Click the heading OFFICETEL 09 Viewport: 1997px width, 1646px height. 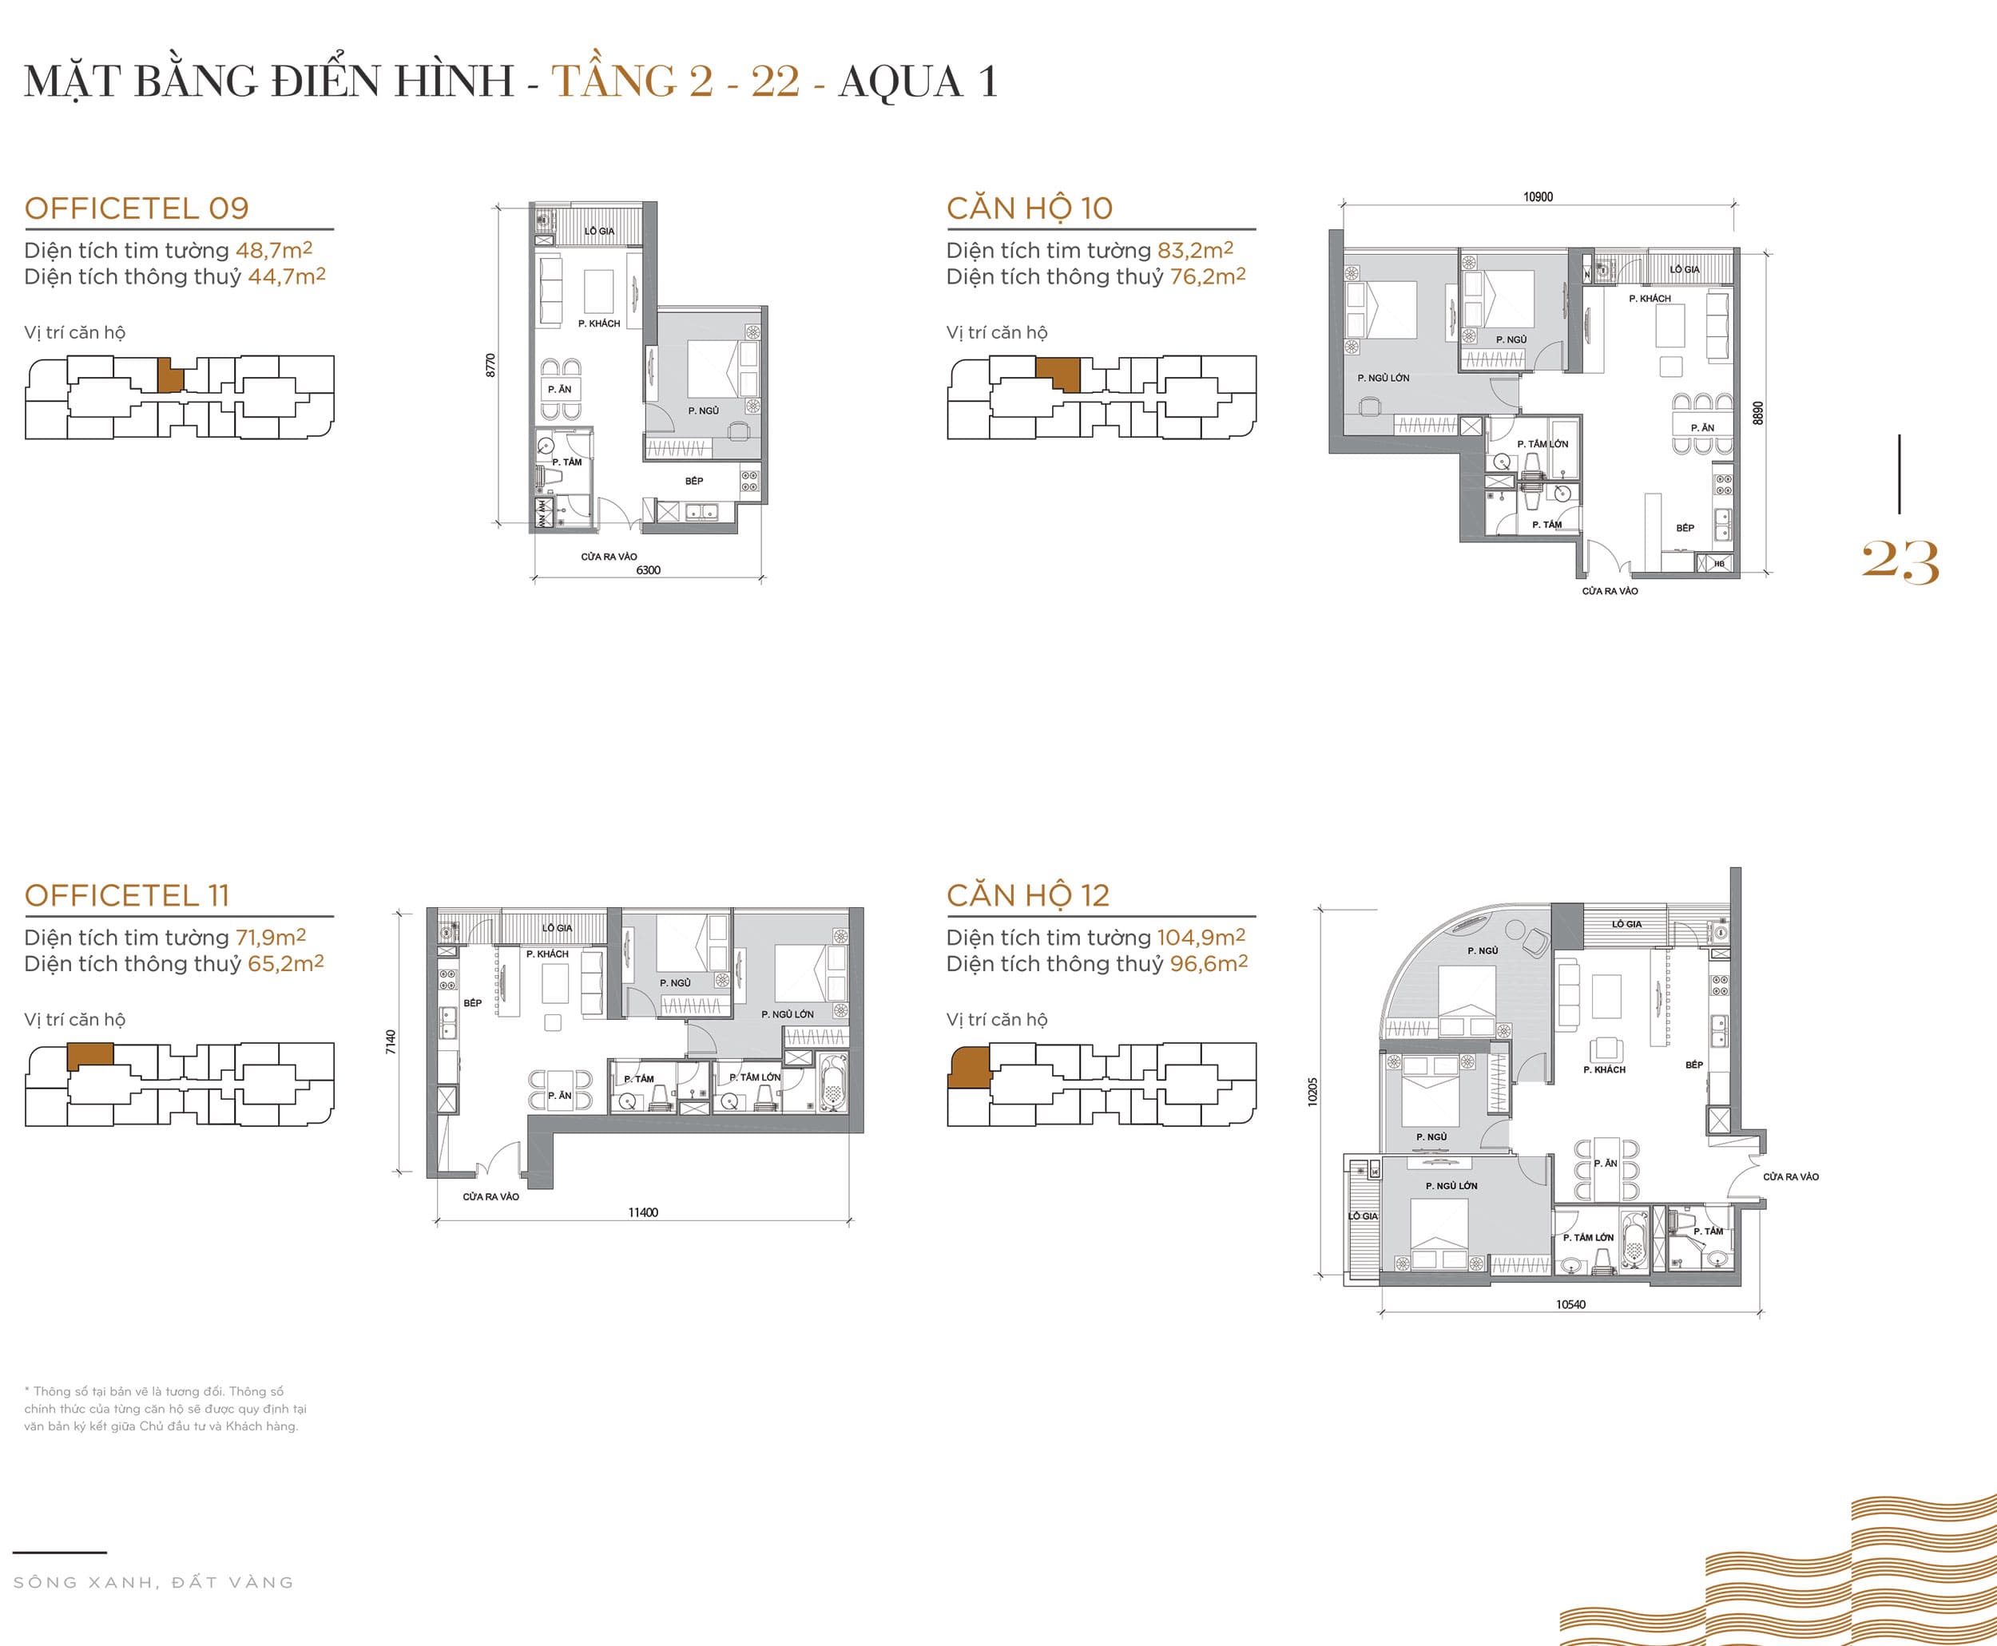(137, 208)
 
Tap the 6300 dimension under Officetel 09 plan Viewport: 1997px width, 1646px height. (649, 570)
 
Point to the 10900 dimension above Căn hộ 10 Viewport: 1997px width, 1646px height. (1538, 196)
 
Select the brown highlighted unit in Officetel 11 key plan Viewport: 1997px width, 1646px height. (91, 1054)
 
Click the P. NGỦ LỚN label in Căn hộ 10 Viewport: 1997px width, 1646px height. (1383, 378)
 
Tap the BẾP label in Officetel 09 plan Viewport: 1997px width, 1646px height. (694, 481)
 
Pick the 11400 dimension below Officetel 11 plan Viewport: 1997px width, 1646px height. (643, 1212)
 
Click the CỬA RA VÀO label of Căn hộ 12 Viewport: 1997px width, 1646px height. (1790, 1176)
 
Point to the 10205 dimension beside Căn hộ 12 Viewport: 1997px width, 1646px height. (1312, 1091)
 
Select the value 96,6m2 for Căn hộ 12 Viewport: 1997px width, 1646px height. (1208, 963)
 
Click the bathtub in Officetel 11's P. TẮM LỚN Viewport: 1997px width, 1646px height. (832, 1084)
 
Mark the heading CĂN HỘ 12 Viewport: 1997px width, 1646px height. (1027, 895)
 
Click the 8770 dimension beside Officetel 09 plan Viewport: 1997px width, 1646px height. (490, 365)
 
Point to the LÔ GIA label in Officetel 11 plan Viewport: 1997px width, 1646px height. (557, 927)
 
